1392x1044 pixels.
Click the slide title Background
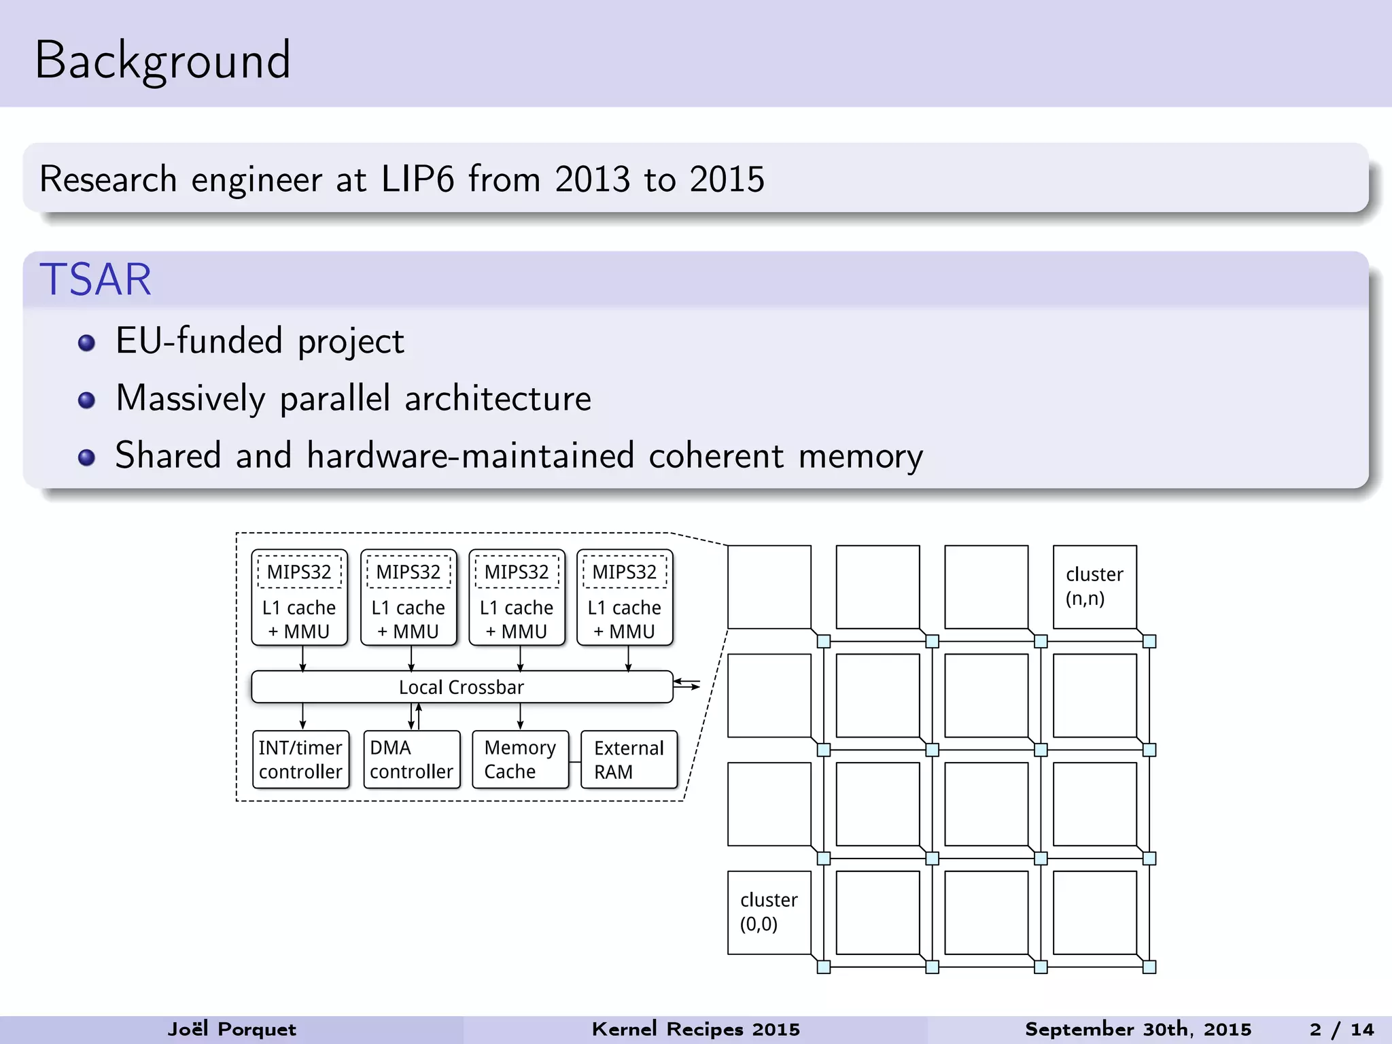pos(162,61)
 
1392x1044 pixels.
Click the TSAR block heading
pos(95,279)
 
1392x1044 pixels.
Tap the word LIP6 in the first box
pos(417,179)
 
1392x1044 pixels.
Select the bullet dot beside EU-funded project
pos(86,343)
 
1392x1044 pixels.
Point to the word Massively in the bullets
pos(190,399)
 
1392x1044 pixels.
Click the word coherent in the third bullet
pos(716,456)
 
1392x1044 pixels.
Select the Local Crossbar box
pos(462,687)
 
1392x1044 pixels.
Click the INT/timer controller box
pos(300,759)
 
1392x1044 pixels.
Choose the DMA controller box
pos(411,759)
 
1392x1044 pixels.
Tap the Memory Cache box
pos(520,759)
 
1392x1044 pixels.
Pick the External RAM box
pos(629,759)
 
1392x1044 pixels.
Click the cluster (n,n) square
pos(1094,587)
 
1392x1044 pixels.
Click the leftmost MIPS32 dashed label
pos(299,572)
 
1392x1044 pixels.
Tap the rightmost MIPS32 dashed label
pos(625,572)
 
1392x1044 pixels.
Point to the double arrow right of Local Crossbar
pos(687,684)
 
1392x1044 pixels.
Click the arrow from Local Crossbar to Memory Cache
pos(520,716)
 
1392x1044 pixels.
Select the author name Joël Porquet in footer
pos(232,1030)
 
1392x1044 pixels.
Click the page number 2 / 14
pos(1342,1030)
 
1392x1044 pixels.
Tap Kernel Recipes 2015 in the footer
pos(695,1030)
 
